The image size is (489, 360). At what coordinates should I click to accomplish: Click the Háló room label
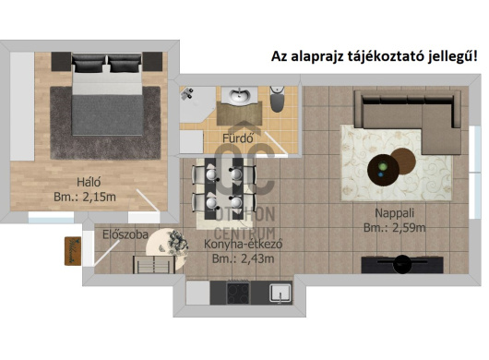(x=89, y=182)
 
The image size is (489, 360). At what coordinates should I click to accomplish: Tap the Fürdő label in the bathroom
(x=238, y=138)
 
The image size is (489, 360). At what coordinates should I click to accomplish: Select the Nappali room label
(x=394, y=213)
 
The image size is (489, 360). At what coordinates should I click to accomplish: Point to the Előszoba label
(x=125, y=234)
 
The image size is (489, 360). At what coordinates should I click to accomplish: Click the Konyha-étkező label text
(x=244, y=244)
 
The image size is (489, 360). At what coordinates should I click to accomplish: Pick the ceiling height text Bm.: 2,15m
(x=85, y=198)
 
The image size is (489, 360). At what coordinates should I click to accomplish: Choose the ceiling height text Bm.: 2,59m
(x=395, y=228)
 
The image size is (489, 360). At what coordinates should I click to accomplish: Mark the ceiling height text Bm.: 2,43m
(x=244, y=259)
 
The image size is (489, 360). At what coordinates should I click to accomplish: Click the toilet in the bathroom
(x=277, y=99)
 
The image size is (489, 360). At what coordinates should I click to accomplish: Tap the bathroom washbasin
(x=240, y=95)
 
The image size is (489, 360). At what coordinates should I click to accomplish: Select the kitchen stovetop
(x=238, y=293)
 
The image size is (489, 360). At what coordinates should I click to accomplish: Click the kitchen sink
(x=280, y=294)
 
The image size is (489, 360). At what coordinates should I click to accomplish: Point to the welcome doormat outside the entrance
(x=73, y=251)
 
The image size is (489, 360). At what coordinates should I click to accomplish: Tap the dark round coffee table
(x=383, y=170)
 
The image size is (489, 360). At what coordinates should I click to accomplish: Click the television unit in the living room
(x=402, y=265)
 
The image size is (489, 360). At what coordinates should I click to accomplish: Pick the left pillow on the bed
(x=89, y=64)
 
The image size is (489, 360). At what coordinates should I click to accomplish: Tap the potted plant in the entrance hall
(x=177, y=242)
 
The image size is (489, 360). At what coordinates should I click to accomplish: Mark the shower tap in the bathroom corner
(x=187, y=93)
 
